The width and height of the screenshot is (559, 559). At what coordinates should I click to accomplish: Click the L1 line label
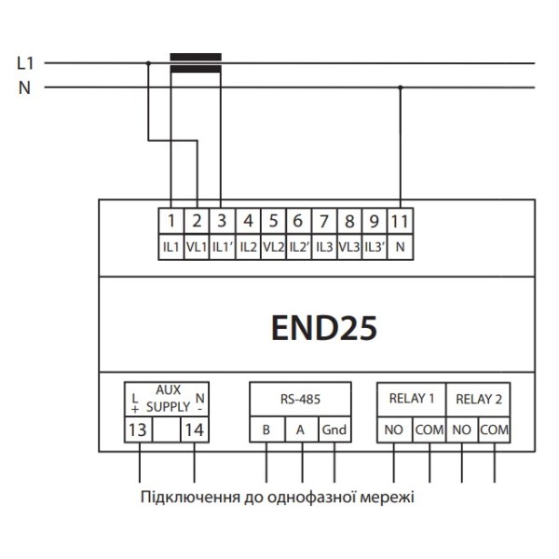click(x=25, y=63)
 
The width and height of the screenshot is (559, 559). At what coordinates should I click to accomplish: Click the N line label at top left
click(x=25, y=89)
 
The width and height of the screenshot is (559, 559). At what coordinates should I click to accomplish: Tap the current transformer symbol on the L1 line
click(x=196, y=63)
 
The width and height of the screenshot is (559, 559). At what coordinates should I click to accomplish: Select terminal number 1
click(x=171, y=222)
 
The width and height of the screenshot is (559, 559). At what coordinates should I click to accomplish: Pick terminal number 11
click(x=401, y=222)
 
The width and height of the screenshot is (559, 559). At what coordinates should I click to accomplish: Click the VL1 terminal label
click(x=197, y=247)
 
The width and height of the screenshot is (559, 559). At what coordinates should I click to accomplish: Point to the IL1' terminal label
click(x=222, y=247)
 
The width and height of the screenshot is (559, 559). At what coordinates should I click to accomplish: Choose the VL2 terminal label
click(x=273, y=247)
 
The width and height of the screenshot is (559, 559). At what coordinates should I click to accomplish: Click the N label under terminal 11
click(x=401, y=247)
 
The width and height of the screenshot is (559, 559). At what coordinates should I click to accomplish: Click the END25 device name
click(x=324, y=329)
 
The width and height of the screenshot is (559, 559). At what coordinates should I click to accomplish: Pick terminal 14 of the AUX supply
click(x=193, y=429)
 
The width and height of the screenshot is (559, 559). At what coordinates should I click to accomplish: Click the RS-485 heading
click(x=300, y=399)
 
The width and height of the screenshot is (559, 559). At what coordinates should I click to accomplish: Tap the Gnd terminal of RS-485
click(x=334, y=429)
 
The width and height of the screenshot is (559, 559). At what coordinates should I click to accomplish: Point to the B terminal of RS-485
click(x=266, y=429)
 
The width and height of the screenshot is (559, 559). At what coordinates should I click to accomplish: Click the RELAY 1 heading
click(x=411, y=399)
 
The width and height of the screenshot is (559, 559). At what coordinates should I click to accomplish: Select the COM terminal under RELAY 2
click(x=495, y=429)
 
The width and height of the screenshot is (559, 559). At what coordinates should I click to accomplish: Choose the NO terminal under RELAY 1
click(x=393, y=429)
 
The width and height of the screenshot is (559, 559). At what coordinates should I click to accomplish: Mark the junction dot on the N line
click(x=401, y=89)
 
